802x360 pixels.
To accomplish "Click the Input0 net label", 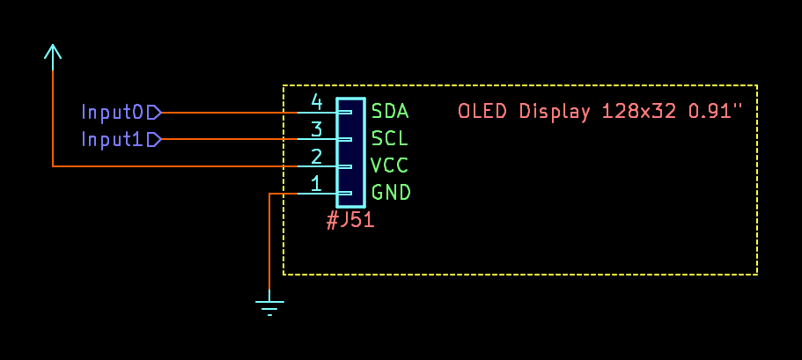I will pyautogui.click(x=112, y=112).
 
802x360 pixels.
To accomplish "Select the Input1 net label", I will pyautogui.click(x=112, y=139).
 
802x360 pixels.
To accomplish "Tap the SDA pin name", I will pyautogui.click(x=390, y=112).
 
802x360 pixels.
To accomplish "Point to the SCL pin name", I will pyautogui.click(x=390, y=139).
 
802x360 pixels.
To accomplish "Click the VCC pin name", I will pyautogui.click(x=390, y=165).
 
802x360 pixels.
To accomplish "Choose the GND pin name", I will pyautogui.click(x=391, y=193).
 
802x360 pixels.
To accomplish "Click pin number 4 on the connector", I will pyautogui.click(x=317, y=102).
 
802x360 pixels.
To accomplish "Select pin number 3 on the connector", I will pyautogui.click(x=317, y=129).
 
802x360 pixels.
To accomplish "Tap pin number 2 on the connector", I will pyautogui.click(x=317, y=157).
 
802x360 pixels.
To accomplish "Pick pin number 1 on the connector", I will pyautogui.click(x=317, y=184).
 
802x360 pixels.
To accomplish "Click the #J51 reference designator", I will pyautogui.click(x=350, y=220).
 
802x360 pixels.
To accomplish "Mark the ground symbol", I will pyautogui.click(x=269, y=306).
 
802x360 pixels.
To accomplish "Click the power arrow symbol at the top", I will pyautogui.click(x=53, y=54).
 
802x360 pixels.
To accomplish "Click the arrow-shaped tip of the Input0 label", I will pyautogui.click(x=155, y=112).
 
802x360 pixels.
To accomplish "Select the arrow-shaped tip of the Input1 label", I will pyautogui.click(x=155, y=139).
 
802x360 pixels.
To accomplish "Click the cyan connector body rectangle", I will pyautogui.click(x=350, y=152).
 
